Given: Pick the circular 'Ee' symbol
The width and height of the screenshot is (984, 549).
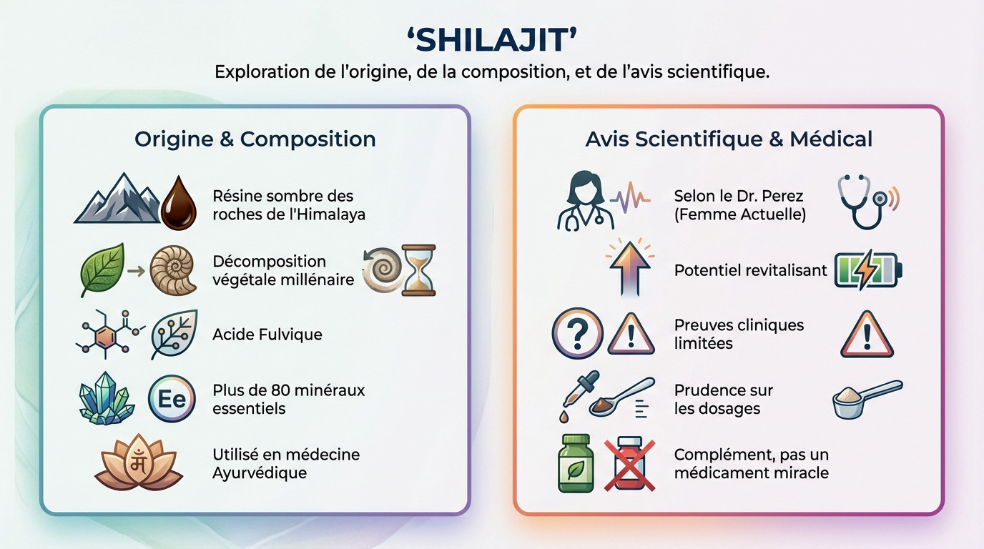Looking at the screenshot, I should (172, 399).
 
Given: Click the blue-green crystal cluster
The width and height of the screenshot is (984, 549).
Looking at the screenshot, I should (105, 399).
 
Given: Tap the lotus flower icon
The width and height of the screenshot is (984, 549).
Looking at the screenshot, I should (139, 464).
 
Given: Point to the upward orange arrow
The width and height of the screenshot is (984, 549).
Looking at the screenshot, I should (629, 266).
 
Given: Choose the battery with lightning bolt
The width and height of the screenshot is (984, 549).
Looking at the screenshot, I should (868, 270).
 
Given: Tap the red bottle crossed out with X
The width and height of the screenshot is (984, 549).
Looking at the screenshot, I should (630, 464).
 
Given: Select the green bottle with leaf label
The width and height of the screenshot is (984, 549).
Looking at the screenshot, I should (576, 464).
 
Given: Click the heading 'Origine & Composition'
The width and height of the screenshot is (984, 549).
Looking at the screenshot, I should (255, 139).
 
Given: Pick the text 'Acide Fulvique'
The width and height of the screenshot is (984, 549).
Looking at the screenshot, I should (267, 335).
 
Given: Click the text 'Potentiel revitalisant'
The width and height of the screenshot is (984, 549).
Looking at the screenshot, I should (750, 271).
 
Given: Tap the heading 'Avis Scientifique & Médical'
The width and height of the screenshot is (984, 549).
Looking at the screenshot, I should (729, 139).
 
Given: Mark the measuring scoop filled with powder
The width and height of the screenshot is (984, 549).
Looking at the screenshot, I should (865, 399).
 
